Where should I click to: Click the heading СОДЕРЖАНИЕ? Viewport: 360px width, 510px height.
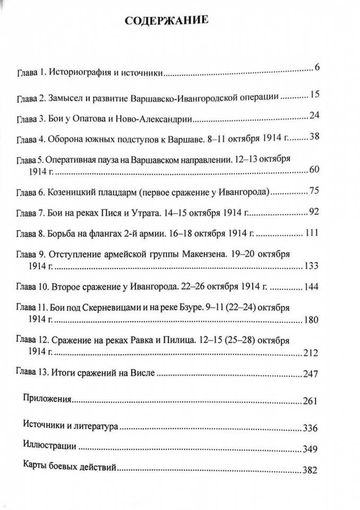point(166,21)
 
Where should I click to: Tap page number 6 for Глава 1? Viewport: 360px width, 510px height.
point(317,68)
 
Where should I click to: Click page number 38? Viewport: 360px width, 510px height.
point(314,137)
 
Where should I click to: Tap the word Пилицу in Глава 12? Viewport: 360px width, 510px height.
point(172,340)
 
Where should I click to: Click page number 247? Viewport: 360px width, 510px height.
point(312,374)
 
